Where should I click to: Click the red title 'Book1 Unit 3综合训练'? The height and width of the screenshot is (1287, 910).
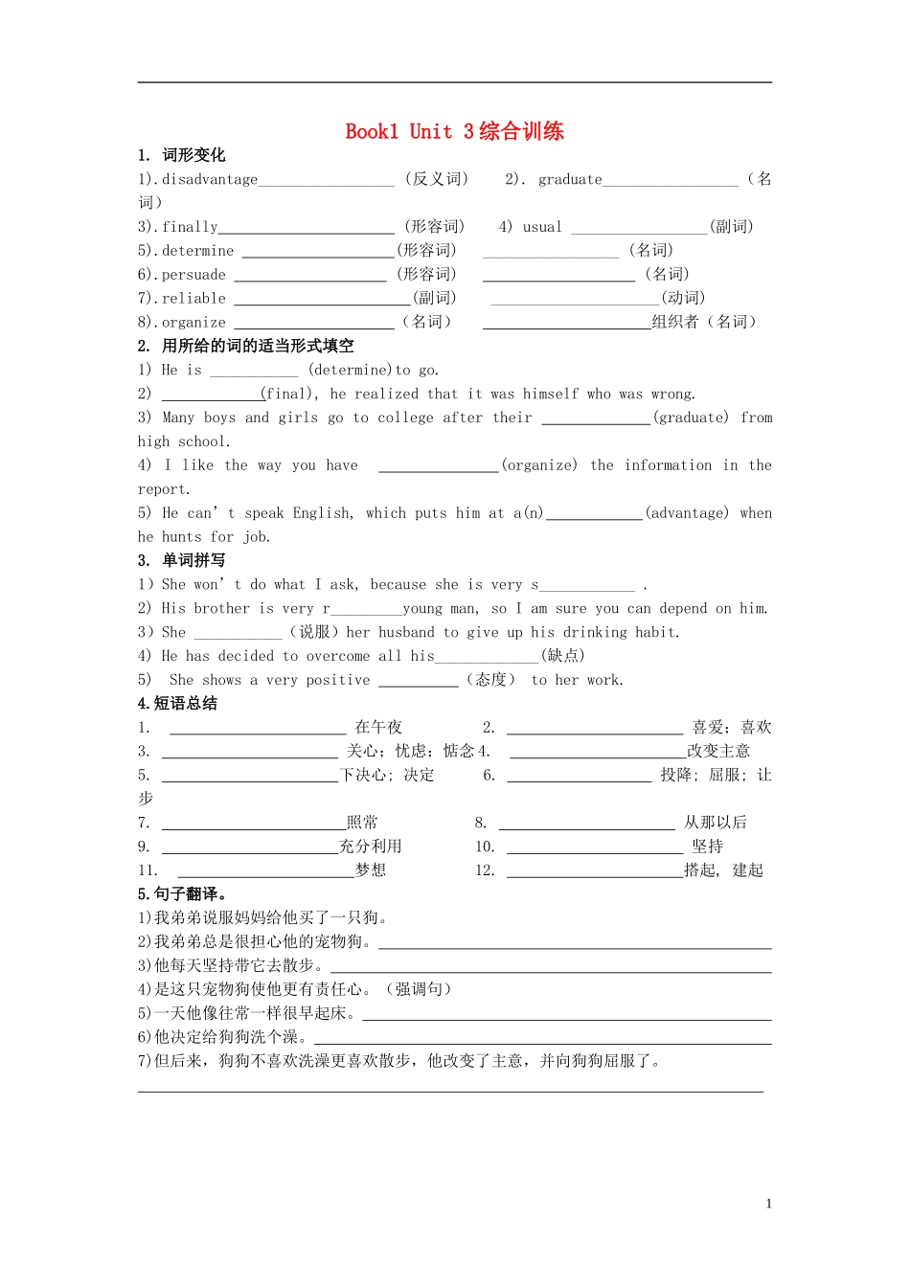coord(454,131)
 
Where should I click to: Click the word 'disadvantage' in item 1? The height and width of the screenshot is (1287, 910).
coord(210,179)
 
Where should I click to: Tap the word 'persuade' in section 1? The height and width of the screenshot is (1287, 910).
coord(193,275)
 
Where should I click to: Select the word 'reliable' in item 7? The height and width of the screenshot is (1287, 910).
coord(193,299)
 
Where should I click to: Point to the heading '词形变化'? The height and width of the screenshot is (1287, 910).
coord(193,155)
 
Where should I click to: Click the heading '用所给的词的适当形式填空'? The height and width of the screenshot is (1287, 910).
coord(258,346)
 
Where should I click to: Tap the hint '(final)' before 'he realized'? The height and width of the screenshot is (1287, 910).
coord(289,394)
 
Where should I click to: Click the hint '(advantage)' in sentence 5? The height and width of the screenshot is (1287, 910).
coord(687,513)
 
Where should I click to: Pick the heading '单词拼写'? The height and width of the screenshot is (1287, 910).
coord(193,560)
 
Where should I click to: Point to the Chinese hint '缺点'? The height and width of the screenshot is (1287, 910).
coord(563,656)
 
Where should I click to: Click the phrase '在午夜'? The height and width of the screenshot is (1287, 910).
coord(378,728)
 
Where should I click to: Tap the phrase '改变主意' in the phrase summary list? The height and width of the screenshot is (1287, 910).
coord(718,751)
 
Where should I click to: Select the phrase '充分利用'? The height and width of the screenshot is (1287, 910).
coord(371,847)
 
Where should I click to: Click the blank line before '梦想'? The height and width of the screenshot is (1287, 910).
coord(265,871)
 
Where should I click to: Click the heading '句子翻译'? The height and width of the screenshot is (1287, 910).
coord(190,894)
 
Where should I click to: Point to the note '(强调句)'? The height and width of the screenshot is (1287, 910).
coord(418,989)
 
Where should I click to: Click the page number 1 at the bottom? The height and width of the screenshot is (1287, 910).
coord(768,1204)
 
